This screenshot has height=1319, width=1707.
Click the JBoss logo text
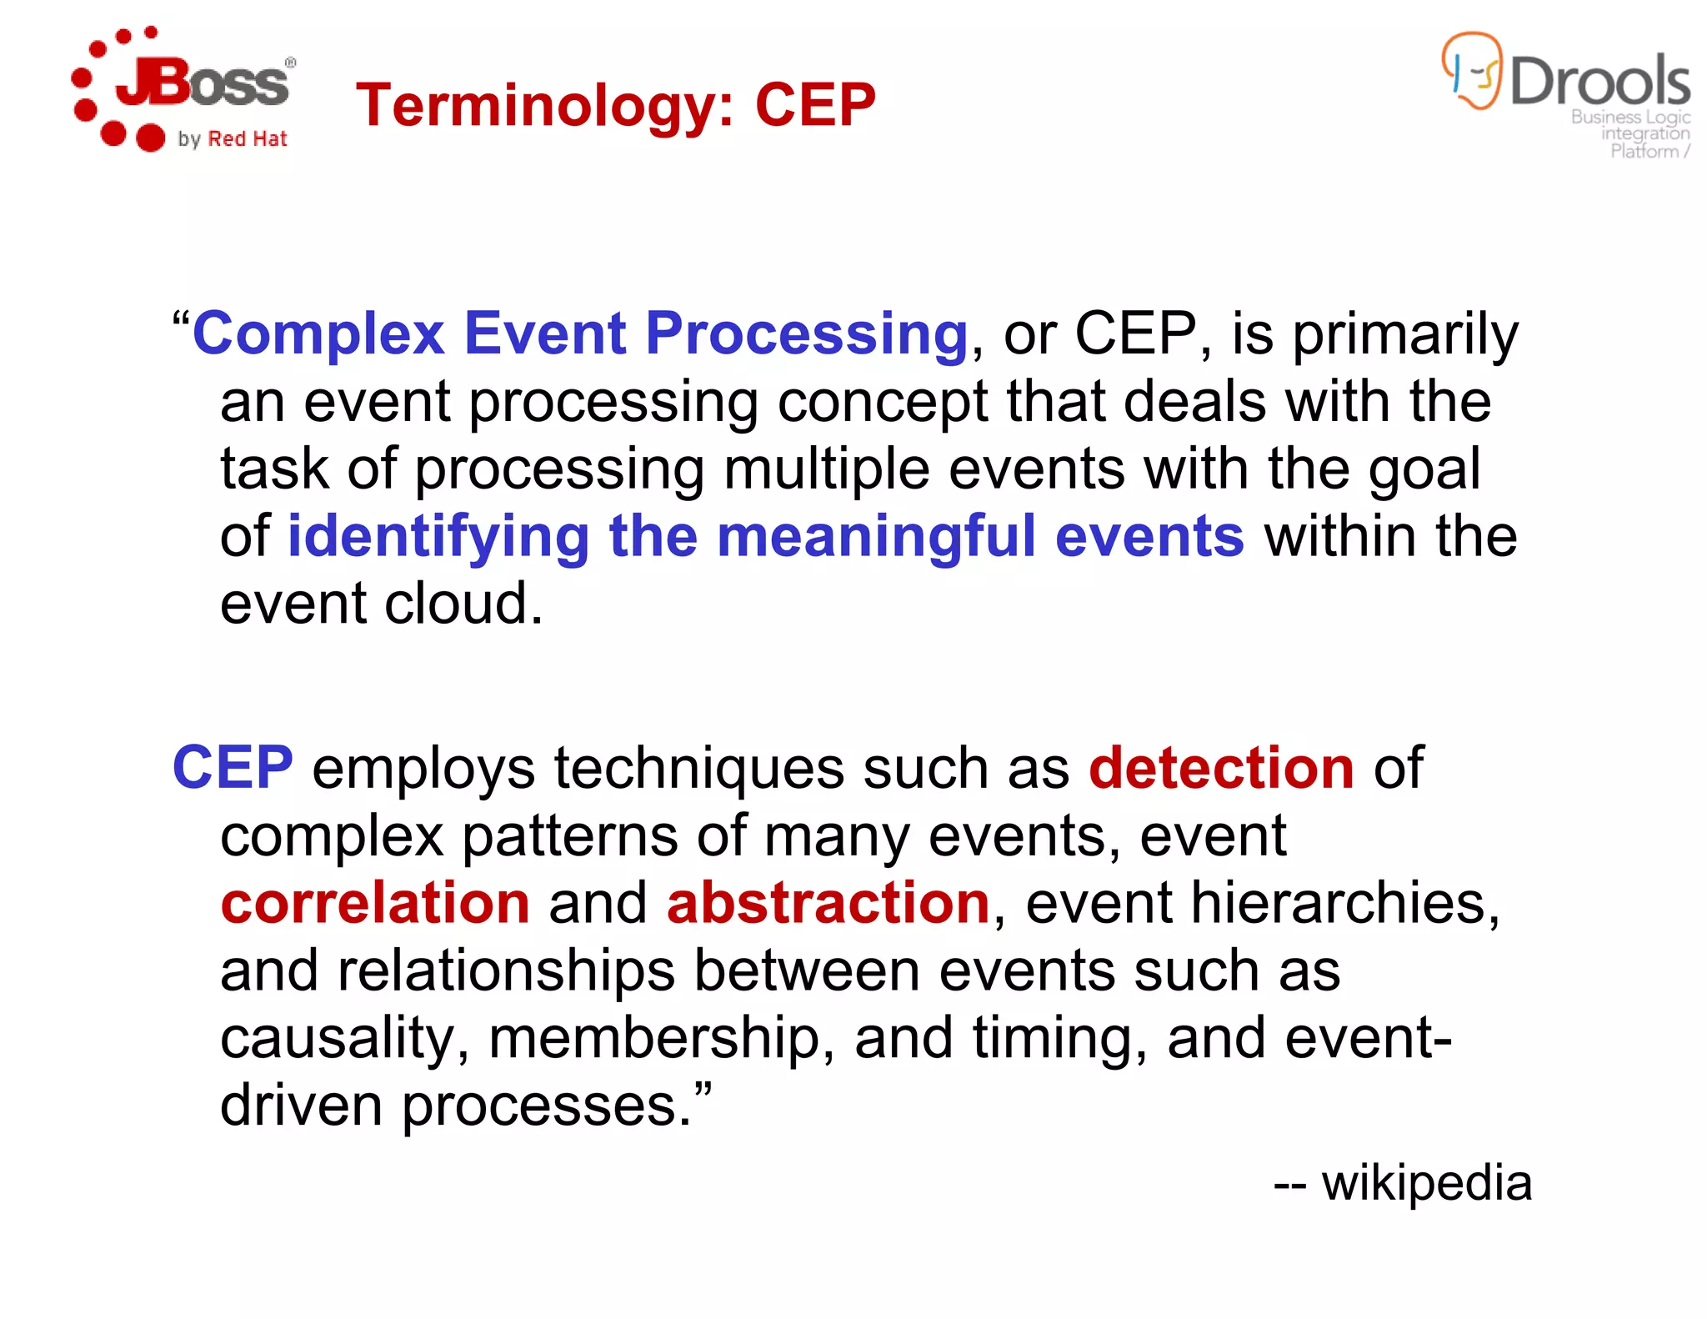click(204, 83)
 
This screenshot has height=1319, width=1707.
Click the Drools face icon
click(1473, 72)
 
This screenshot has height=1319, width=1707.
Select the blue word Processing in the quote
click(806, 334)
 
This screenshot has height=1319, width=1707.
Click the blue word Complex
click(318, 334)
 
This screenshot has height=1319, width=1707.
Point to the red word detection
click(1221, 768)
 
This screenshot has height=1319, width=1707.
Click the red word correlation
click(375, 903)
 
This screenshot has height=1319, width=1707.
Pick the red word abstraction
click(828, 903)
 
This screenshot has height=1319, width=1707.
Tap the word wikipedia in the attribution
click(1426, 1182)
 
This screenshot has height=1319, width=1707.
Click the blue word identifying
click(438, 536)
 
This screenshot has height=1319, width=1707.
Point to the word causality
click(337, 1038)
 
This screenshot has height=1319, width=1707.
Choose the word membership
click(661, 1038)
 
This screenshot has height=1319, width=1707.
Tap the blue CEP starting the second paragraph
click(233, 768)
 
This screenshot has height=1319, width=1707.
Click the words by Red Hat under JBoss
click(233, 139)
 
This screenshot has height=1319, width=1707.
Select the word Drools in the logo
click(1599, 82)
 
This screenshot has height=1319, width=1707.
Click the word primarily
click(1405, 334)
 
